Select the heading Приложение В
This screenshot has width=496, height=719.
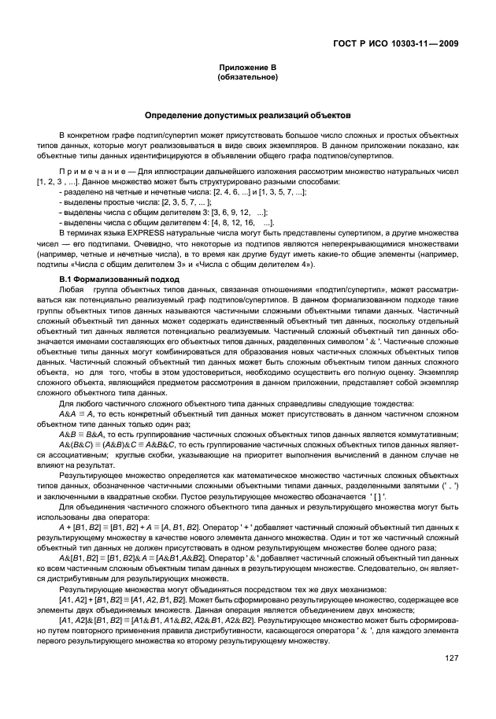[246, 70]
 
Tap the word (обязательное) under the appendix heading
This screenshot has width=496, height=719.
[246, 79]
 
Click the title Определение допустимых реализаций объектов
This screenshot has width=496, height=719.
[246, 117]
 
